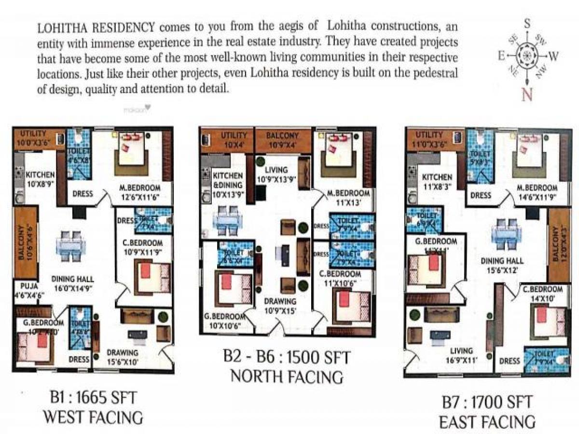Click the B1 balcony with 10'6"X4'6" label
click(x=25, y=243)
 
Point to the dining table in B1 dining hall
click(x=70, y=246)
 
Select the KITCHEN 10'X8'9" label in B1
click(x=40, y=179)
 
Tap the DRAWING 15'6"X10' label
click(x=123, y=356)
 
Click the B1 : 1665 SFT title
click(x=93, y=399)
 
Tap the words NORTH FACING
click(x=287, y=376)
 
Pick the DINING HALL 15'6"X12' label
click(x=502, y=265)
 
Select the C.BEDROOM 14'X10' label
click(x=542, y=294)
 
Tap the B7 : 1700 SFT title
click(x=487, y=402)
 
